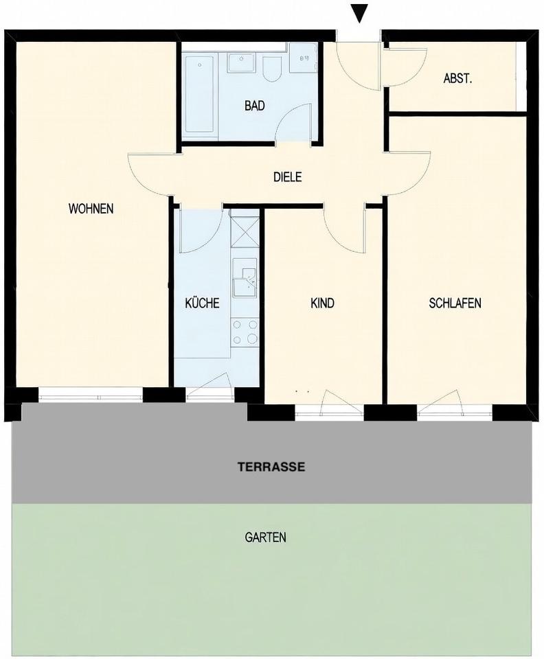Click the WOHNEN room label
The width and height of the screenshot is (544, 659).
(91, 209)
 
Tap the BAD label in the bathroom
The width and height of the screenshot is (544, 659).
(255, 106)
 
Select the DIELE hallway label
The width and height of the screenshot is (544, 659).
(288, 177)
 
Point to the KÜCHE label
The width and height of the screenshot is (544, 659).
(202, 303)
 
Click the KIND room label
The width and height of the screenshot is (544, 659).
(322, 303)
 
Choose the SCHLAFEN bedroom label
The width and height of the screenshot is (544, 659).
(455, 303)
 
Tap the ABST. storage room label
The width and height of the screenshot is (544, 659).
(457, 78)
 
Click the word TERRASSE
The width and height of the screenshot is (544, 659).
(271, 467)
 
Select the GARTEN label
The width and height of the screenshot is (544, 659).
(265, 537)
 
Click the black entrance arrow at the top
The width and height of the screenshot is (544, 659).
(359, 12)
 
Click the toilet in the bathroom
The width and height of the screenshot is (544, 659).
(271, 69)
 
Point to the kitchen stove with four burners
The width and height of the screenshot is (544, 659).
(245, 332)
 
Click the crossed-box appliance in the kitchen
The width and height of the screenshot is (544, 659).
(244, 231)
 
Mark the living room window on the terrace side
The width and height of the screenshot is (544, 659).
(91, 395)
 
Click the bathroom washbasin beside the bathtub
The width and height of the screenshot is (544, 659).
(241, 62)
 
